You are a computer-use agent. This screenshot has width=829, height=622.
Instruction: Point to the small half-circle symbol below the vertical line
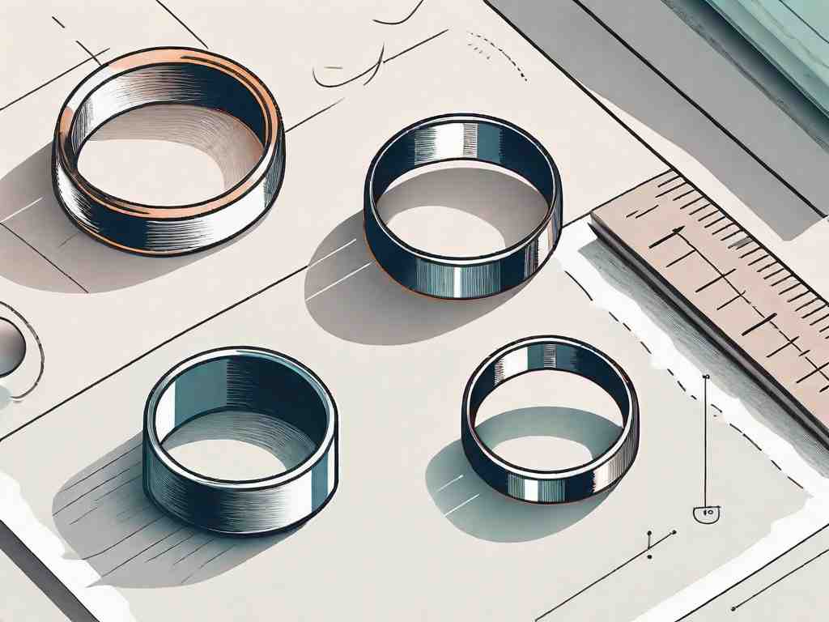click(707, 512)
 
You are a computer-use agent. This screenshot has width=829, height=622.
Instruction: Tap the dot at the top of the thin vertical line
click(706, 377)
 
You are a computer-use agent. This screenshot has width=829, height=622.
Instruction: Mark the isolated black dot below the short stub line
click(650, 556)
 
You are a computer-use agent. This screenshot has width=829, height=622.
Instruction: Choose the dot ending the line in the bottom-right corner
click(733, 607)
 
